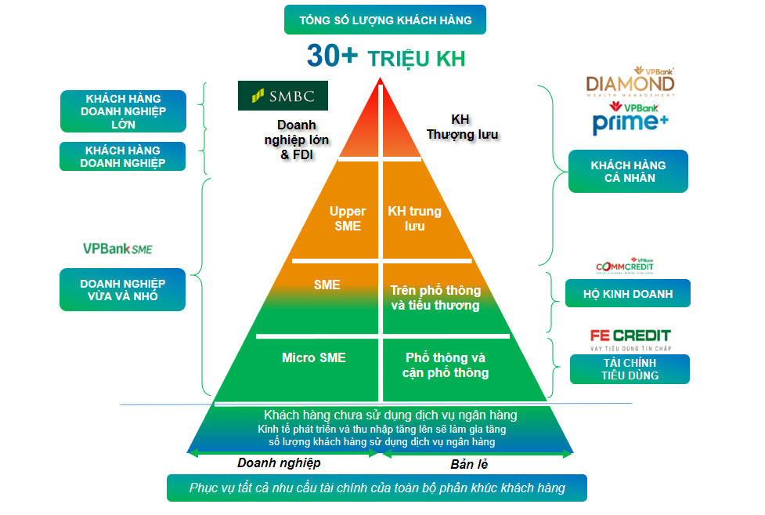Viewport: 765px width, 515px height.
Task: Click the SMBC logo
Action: [283, 96]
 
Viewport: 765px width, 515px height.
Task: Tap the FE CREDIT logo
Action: [630, 338]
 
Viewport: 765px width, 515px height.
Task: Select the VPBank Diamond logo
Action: [630, 83]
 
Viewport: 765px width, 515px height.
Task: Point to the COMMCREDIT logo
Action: [625, 266]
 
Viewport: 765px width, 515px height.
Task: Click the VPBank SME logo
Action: [117, 248]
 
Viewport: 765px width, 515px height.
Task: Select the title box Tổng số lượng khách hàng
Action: [385, 20]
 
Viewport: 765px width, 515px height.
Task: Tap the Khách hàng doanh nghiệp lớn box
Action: [124, 111]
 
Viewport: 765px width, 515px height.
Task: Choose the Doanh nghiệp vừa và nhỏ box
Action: [123, 289]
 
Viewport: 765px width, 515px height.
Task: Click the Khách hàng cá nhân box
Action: [628, 172]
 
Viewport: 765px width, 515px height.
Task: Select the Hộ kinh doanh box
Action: [628, 294]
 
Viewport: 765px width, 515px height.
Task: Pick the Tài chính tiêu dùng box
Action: [630, 369]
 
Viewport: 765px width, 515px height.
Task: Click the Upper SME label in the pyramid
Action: [348, 219]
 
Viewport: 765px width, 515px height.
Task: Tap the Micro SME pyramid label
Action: [313, 357]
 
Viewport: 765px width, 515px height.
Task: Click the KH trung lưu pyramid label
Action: [414, 219]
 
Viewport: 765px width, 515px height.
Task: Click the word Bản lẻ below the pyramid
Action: [468, 463]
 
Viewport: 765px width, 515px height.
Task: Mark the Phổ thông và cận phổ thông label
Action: [445, 365]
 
